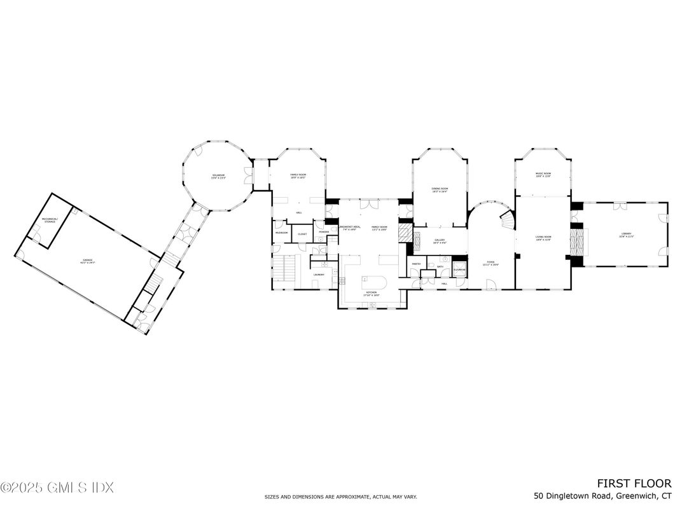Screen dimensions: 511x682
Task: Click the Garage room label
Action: pos(87,261)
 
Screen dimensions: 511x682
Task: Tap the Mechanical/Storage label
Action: pos(50,221)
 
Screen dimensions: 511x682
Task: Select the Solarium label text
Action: pos(219,177)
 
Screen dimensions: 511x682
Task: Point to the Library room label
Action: pos(627,235)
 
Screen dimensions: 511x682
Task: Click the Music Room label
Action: pos(543,175)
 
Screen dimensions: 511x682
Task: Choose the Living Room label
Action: pos(543,238)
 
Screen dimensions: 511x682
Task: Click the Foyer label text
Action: pos(491,262)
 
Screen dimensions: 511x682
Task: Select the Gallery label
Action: pos(440,241)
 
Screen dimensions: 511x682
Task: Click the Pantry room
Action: pos(416,263)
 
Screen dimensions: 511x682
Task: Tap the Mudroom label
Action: pos(281,233)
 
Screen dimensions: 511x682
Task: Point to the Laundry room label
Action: pos(319,275)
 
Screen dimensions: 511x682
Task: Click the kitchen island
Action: pos(373,283)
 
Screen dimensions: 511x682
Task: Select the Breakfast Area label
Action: pos(351,228)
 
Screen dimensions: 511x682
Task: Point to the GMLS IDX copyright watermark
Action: pos(57,487)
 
